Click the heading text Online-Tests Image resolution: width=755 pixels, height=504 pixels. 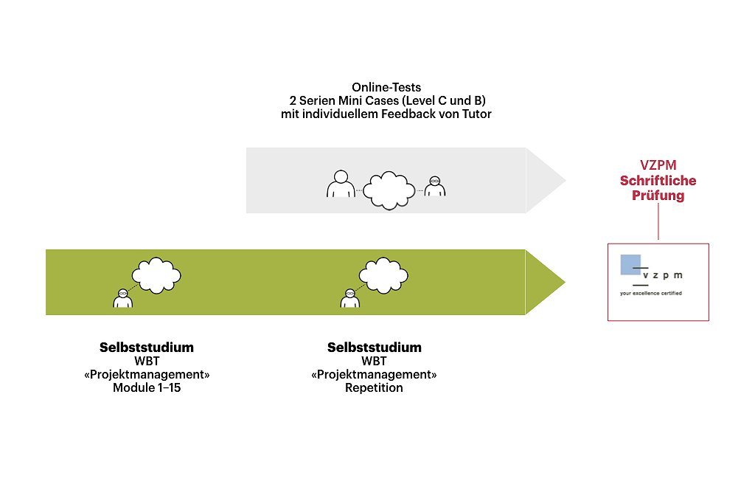(x=387, y=88)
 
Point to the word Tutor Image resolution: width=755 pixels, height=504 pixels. (x=476, y=114)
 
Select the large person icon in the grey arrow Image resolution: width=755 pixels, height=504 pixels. (x=340, y=184)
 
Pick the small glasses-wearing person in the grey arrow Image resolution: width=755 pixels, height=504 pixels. (x=435, y=187)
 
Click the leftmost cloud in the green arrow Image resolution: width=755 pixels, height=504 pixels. (x=155, y=275)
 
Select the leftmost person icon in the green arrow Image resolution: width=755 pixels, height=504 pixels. (x=123, y=297)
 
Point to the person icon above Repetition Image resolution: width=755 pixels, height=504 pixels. (x=350, y=297)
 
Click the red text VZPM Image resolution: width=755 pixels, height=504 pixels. (x=658, y=166)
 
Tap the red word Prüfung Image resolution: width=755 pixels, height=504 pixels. (x=658, y=196)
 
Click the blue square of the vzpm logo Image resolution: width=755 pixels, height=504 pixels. (x=630, y=264)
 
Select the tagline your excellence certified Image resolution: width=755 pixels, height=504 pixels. (x=650, y=293)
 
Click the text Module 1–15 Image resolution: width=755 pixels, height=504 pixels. (x=147, y=387)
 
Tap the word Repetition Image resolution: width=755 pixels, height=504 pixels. (x=374, y=387)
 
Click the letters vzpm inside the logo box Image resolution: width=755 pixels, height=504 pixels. (x=662, y=275)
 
